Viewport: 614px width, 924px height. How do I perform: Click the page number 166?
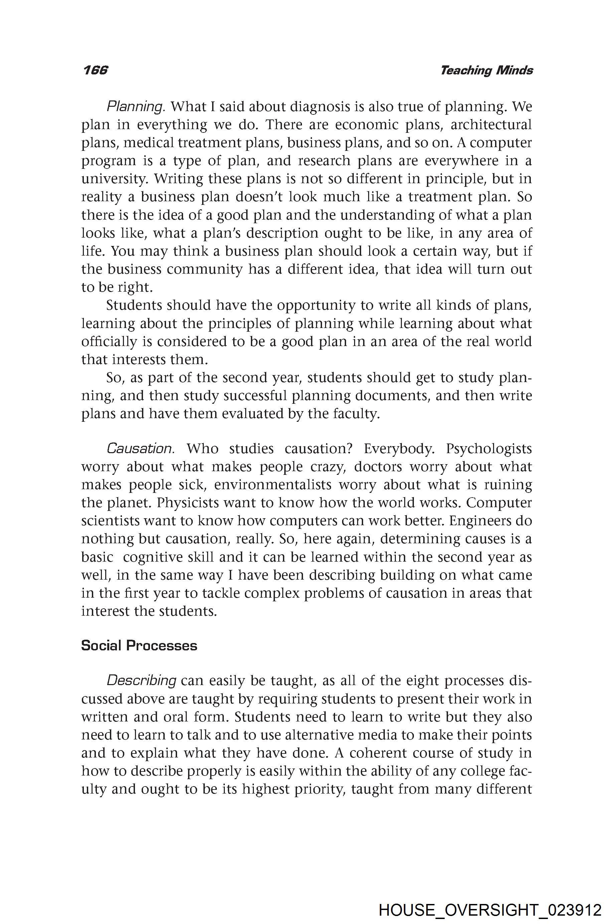[x=95, y=70]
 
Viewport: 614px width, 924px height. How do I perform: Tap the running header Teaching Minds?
[x=486, y=70]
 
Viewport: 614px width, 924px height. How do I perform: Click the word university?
[x=114, y=179]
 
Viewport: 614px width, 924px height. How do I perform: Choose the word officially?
[x=109, y=341]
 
